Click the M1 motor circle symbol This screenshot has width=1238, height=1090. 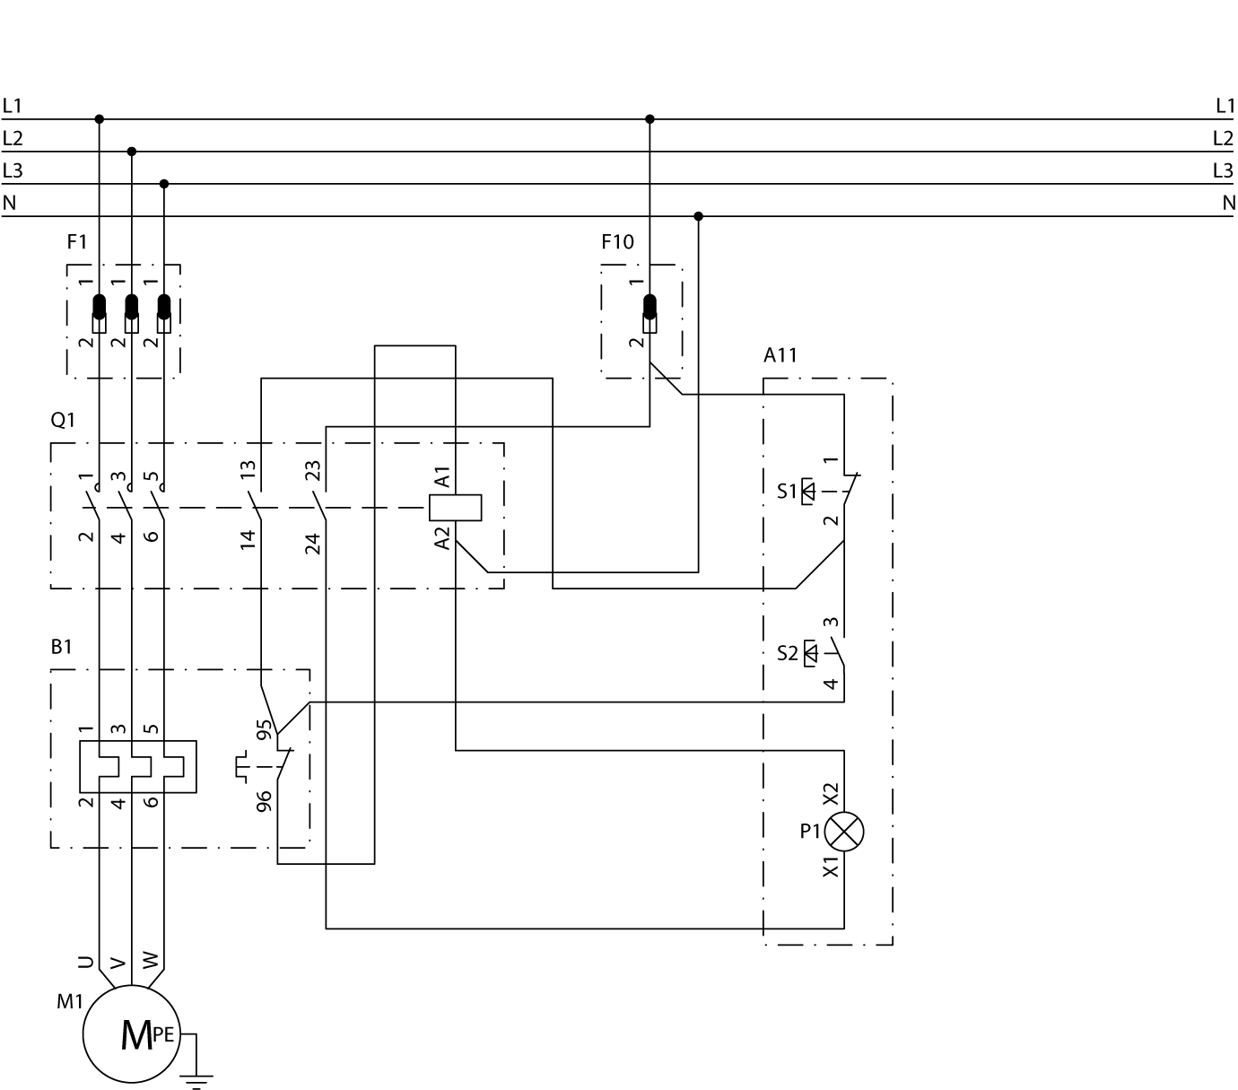(132, 1034)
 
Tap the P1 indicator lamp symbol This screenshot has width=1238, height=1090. (843, 831)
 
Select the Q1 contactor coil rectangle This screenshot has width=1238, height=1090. (456, 508)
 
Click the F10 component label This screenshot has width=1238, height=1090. (617, 242)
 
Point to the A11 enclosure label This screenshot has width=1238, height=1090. (780, 355)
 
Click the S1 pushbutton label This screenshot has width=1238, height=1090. (787, 492)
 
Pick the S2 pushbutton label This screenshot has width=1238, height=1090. (787, 653)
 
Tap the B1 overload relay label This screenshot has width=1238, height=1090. (61, 647)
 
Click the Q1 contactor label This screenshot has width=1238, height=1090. (63, 420)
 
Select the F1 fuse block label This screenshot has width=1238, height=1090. (77, 242)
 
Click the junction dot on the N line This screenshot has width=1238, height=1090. (699, 216)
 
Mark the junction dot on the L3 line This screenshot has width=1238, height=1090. (164, 184)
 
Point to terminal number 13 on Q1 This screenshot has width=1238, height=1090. (248, 467)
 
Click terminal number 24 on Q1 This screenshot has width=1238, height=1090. (313, 544)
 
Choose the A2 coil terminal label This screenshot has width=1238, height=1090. (442, 538)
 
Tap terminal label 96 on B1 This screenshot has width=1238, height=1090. (265, 801)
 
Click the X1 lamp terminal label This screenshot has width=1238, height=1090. (831, 867)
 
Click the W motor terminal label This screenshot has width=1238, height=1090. (150, 963)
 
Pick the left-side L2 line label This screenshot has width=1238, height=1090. (13, 138)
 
